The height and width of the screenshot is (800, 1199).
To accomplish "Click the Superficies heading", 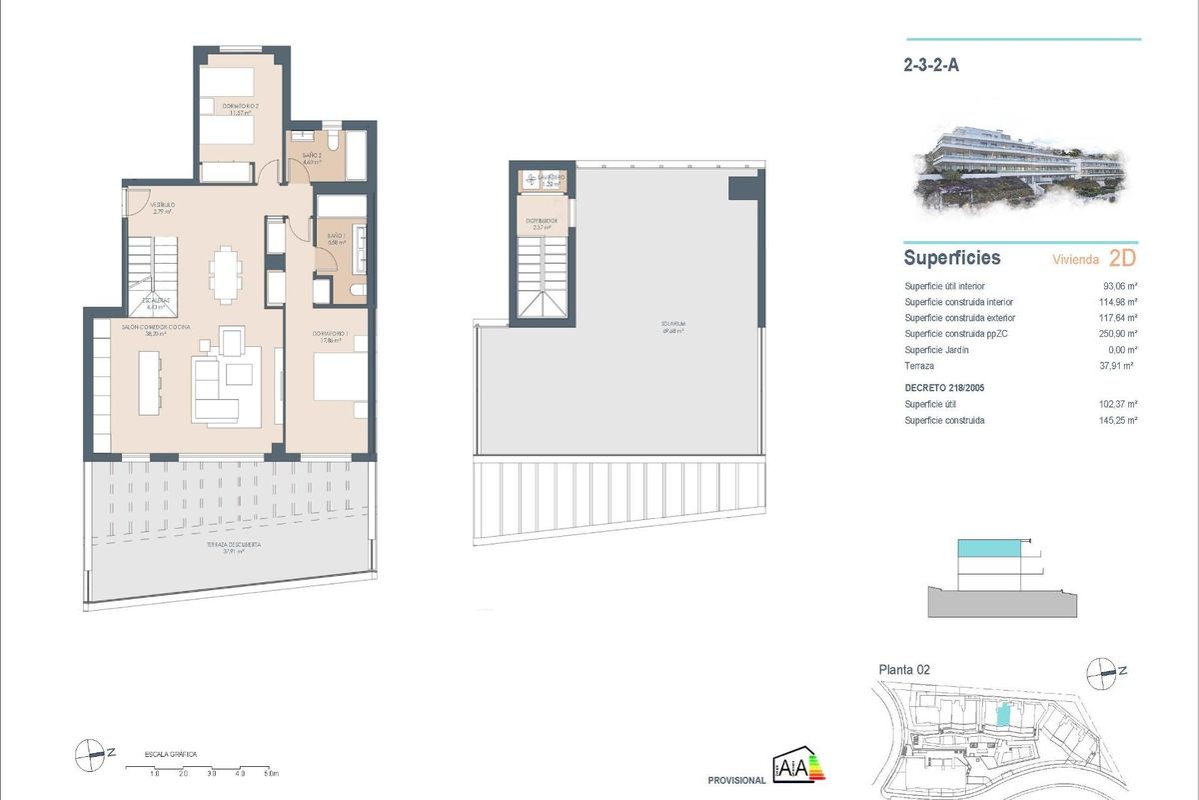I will [x=951, y=258].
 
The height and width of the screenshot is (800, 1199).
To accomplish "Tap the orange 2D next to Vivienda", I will [x=1122, y=258].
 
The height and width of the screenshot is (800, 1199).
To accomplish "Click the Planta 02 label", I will [x=904, y=670].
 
